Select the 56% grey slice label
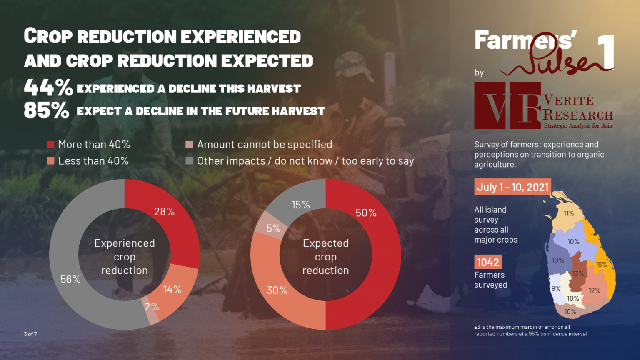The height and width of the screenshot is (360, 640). tap(70, 279)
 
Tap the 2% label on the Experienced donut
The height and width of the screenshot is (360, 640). tap(152, 307)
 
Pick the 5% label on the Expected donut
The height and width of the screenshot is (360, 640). tap(273, 228)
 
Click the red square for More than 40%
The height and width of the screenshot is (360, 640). tap(50, 145)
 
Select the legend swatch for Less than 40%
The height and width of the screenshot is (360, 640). tap(50, 161)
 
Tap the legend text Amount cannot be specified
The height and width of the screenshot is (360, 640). tap(264, 145)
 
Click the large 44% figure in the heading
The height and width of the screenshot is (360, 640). tap(48, 87)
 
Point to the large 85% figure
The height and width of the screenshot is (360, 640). tap(46, 110)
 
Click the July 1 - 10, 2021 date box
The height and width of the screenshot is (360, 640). tap(512, 187)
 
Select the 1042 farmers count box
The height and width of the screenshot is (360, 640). tap(488, 262)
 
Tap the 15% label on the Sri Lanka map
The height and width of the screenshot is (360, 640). tap(601, 265)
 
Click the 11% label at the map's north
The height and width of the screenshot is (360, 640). tap(569, 213)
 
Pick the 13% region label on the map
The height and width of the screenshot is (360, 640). tap(578, 274)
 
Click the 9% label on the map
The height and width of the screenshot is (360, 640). tap(556, 288)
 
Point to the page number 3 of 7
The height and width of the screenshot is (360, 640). tap(30, 334)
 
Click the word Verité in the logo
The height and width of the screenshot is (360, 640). tap(568, 100)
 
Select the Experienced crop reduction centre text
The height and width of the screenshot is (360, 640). tap(124, 257)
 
